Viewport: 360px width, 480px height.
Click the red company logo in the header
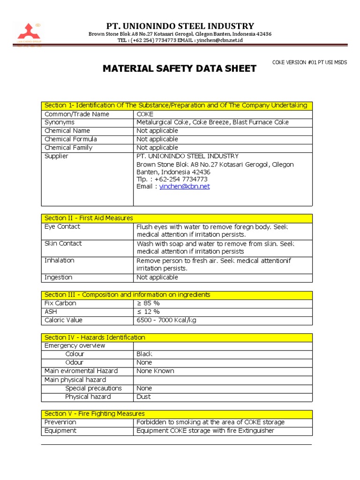pyautogui.click(x=29, y=32)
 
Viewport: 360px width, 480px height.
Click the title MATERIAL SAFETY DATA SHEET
pyautogui.click(x=180, y=69)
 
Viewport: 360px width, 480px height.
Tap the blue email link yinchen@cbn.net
pyautogui.click(x=184, y=187)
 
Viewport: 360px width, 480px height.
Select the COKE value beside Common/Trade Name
pyautogui.click(x=145, y=114)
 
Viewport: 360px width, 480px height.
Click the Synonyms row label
pyautogui.click(x=60, y=122)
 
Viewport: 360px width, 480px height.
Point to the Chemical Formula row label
pyautogui.click(x=71, y=139)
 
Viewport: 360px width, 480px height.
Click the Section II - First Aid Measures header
pyautogui.click(x=89, y=218)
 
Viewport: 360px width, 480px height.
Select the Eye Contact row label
pyautogui.click(x=62, y=227)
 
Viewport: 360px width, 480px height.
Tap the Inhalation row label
pyautogui.click(x=59, y=261)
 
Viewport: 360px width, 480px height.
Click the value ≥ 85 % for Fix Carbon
pyautogui.click(x=148, y=303)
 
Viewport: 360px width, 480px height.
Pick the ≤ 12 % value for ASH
pyautogui.click(x=148, y=312)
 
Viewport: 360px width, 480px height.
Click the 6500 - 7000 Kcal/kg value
pyautogui.click(x=166, y=320)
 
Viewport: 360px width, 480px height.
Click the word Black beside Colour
pyautogui.click(x=144, y=354)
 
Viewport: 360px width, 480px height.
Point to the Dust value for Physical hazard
pyautogui.click(x=143, y=397)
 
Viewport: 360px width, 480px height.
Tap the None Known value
pyautogui.click(x=155, y=371)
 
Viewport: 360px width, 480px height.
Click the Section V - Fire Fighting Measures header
pyautogui.click(x=95, y=414)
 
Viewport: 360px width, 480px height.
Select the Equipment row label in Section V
pyautogui.click(x=60, y=431)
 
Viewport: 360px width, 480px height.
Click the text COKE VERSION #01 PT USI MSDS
pyautogui.click(x=309, y=63)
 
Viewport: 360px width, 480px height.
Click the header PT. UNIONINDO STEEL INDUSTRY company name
pyautogui.click(x=180, y=26)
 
